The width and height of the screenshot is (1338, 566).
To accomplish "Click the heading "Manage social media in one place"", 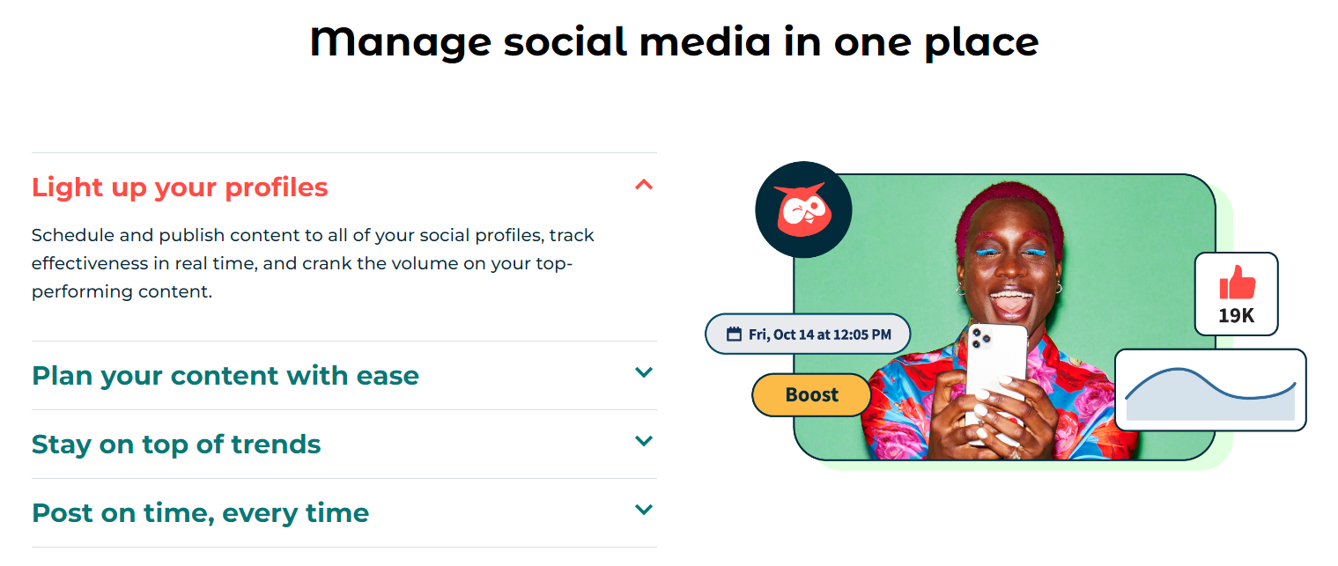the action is pyautogui.click(x=675, y=42).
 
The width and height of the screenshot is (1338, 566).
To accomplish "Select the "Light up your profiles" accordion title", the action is pyautogui.click(x=180, y=187).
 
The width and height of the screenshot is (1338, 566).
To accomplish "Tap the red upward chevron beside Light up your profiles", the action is pyautogui.click(x=643, y=185).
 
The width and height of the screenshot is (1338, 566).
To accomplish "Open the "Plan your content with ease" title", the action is pyautogui.click(x=225, y=376).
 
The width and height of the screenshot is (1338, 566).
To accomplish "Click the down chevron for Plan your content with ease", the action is pyautogui.click(x=643, y=372).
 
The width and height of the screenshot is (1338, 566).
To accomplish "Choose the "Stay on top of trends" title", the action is pyautogui.click(x=176, y=445).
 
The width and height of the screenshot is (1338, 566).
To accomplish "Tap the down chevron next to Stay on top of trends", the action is pyautogui.click(x=643, y=441).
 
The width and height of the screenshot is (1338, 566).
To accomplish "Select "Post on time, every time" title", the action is pyautogui.click(x=201, y=513).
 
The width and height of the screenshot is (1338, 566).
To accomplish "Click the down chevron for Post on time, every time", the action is pyautogui.click(x=643, y=510).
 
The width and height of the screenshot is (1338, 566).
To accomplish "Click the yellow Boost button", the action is pyautogui.click(x=811, y=394).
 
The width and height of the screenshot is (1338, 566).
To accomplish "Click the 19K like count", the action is pyautogui.click(x=1236, y=315).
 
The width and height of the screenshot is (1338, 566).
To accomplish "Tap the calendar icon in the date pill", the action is pyautogui.click(x=734, y=334).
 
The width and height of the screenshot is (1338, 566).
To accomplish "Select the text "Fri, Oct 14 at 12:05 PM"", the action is pyautogui.click(x=819, y=335).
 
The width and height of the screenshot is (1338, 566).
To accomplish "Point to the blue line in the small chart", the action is pyautogui.click(x=1210, y=385).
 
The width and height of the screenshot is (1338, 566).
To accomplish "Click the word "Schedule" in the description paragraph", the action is pyautogui.click(x=72, y=235).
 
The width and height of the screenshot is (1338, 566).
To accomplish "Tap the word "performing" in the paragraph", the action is pyautogui.click(x=83, y=292).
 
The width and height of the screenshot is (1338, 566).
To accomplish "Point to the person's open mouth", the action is pyautogui.click(x=1010, y=301).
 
